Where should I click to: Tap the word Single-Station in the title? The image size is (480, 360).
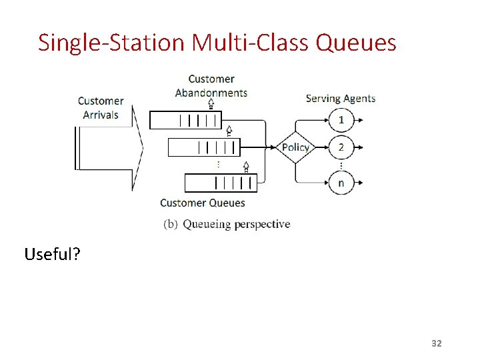click(111, 43)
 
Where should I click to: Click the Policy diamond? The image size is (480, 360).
click(295, 147)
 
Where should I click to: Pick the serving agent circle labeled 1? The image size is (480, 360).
click(341, 121)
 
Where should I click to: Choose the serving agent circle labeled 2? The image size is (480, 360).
click(341, 147)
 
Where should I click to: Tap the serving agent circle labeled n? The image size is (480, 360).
click(341, 182)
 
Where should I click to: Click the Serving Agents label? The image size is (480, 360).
click(340, 99)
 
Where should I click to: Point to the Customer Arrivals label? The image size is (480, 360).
click(101, 108)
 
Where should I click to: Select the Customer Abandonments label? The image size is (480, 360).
click(211, 86)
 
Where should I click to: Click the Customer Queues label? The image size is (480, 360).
click(203, 203)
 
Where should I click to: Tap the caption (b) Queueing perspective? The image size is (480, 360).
click(227, 224)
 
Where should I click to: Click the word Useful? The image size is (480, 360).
click(51, 254)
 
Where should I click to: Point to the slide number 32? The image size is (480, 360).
click(437, 343)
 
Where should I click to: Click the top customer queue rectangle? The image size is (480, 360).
click(185, 121)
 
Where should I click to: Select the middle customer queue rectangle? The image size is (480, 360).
click(203, 147)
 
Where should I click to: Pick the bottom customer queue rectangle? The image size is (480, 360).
click(221, 182)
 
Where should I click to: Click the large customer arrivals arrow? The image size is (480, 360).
click(110, 147)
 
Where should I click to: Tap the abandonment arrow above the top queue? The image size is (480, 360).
click(211, 103)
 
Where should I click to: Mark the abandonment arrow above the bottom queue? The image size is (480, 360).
click(246, 167)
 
